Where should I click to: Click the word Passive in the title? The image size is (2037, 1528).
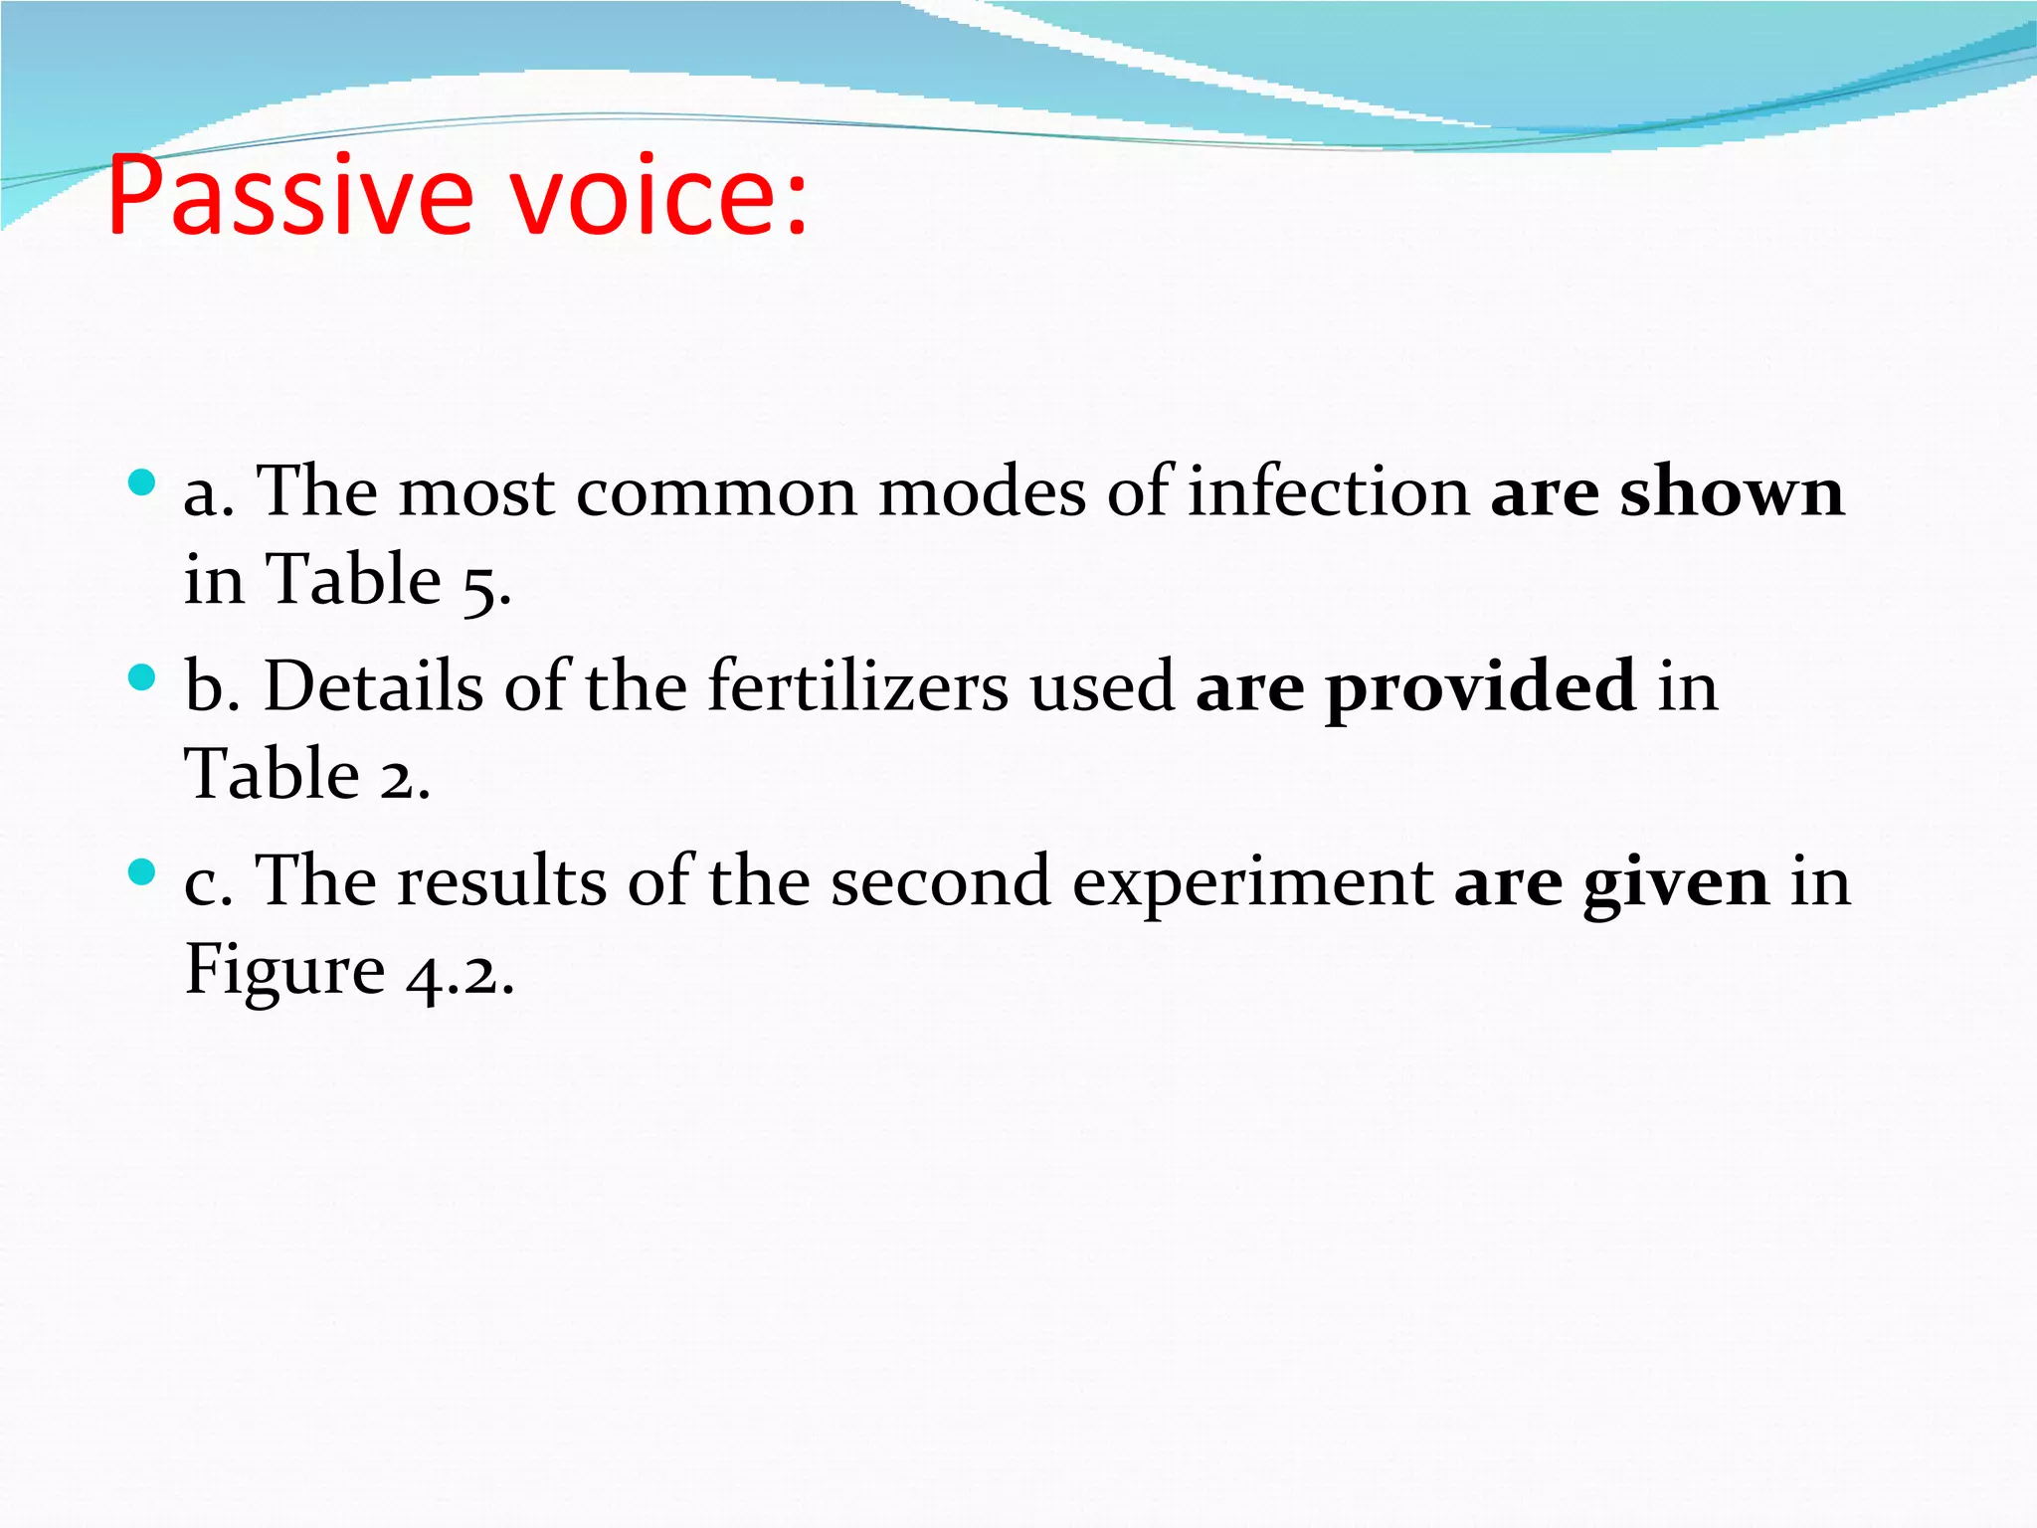tap(288, 196)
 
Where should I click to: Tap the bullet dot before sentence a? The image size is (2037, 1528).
tap(142, 483)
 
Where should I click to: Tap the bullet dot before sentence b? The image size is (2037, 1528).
tap(142, 678)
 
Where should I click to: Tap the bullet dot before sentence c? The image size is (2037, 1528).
tap(142, 873)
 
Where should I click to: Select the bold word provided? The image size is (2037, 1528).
tap(1480, 686)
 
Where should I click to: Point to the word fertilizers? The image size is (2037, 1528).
tap(857, 686)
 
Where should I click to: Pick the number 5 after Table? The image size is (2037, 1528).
tap(482, 583)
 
